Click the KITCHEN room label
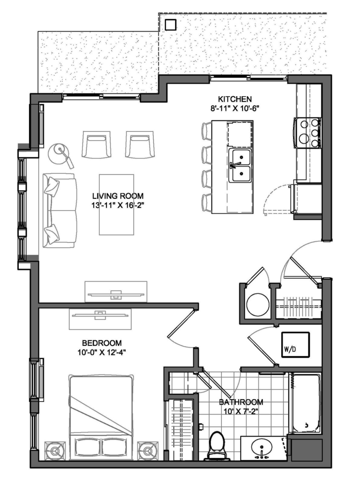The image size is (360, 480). (235, 99)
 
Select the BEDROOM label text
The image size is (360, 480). (102, 343)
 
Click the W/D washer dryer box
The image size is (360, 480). (295, 345)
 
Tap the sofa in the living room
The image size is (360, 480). (60, 210)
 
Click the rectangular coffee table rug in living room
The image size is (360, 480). (116, 205)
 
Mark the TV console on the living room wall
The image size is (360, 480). (116, 292)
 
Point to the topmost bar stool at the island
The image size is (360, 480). (207, 131)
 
